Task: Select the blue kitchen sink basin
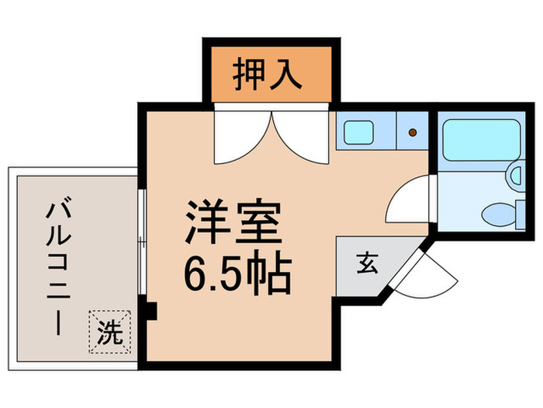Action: tap(359, 132)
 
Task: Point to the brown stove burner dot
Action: tap(413, 132)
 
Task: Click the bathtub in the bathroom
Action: tap(482, 140)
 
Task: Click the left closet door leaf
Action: tap(240, 136)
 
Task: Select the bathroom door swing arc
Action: tap(410, 201)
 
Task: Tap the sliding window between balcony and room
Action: tap(141, 241)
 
